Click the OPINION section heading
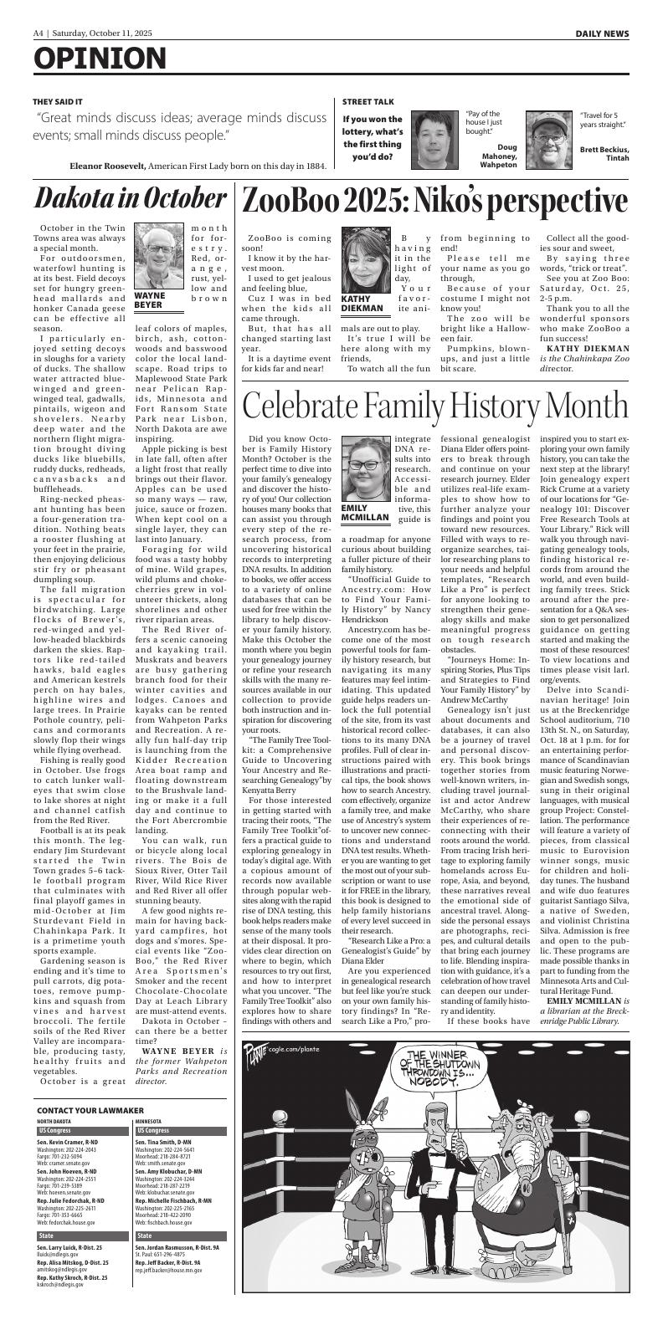(100, 59)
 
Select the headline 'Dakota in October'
(120, 199)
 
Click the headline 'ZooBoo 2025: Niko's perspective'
(434, 201)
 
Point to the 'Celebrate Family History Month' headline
(434, 405)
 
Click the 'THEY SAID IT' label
(58, 102)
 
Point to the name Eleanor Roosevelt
(108, 166)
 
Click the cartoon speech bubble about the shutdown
(435, 1080)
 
